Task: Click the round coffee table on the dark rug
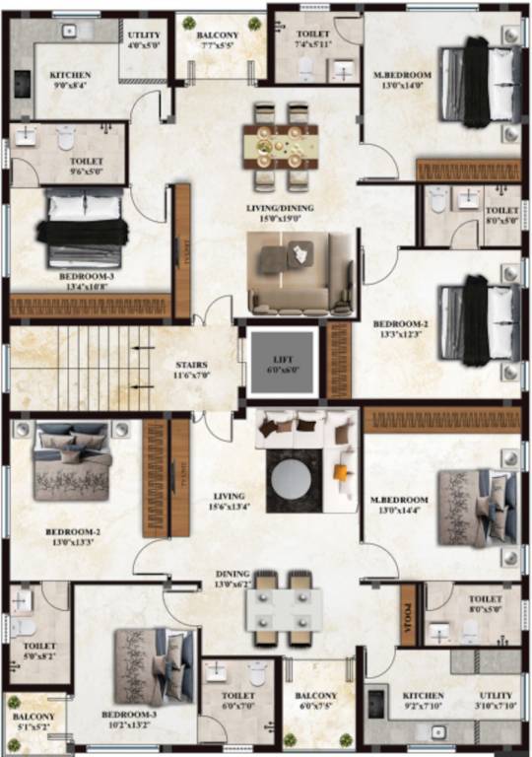point(291,480)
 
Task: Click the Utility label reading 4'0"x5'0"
point(144,38)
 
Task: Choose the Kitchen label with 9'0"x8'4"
point(70,80)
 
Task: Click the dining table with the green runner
point(278,147)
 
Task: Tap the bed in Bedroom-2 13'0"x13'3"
point(73,461)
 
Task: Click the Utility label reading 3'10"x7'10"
point(496,701)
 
